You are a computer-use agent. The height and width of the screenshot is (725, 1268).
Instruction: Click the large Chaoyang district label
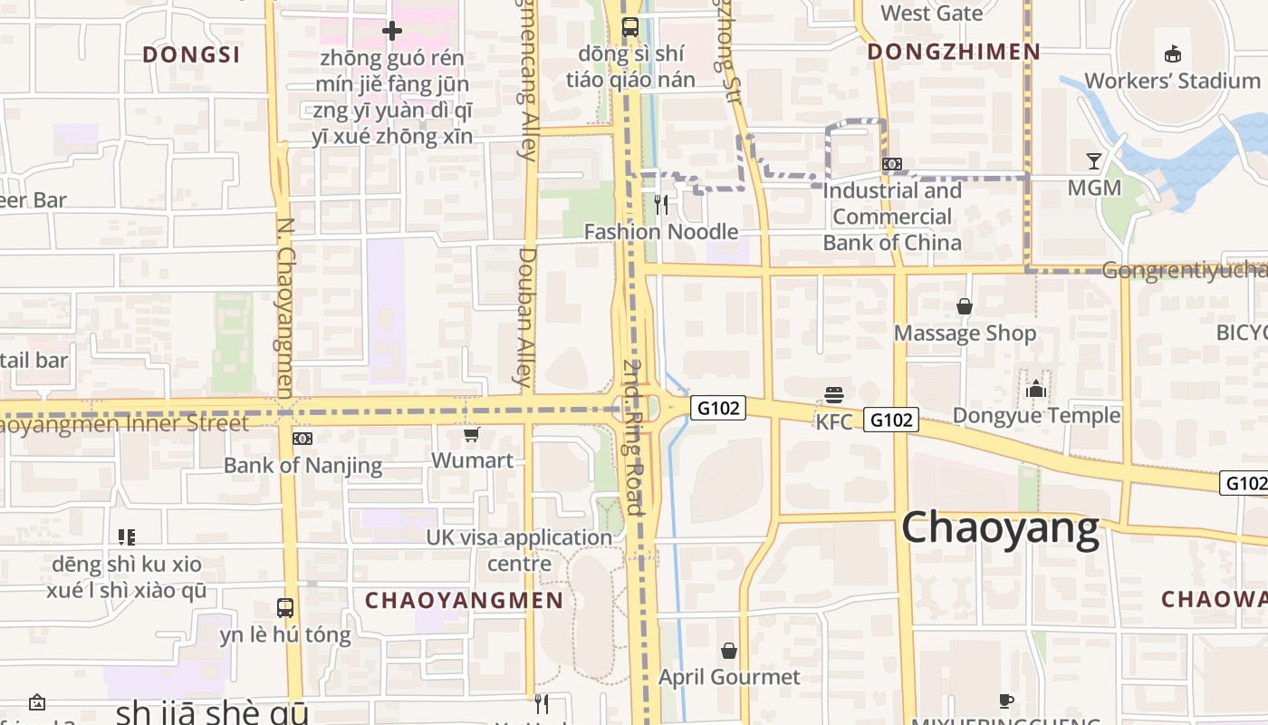1000,527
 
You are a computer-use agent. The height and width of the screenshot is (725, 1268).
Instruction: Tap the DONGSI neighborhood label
191,54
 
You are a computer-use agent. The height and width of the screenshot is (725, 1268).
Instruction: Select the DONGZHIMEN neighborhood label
954,52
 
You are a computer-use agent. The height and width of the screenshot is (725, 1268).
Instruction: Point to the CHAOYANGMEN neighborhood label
464,600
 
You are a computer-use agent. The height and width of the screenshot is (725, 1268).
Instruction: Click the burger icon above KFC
834,395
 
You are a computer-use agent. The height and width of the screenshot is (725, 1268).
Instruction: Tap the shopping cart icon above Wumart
471,436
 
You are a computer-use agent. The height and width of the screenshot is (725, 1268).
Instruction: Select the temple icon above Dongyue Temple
1036,390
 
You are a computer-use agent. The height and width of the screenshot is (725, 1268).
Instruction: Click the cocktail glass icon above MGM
1094,161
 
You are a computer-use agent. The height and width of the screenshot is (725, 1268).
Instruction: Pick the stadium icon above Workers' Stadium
1173,53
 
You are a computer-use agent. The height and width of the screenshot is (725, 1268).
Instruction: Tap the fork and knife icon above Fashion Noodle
661,205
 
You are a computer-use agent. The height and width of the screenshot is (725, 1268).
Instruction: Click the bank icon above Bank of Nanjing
303,439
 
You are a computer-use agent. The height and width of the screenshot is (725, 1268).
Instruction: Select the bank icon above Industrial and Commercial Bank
891,164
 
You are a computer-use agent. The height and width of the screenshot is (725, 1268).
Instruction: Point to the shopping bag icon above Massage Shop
965,306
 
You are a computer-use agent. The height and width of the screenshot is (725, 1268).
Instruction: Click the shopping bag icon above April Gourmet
729,651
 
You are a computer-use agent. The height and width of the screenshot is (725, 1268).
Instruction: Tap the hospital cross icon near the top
391,32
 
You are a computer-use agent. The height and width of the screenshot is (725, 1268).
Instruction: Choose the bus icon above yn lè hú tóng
285,607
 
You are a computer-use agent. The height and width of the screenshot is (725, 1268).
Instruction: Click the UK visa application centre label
519,550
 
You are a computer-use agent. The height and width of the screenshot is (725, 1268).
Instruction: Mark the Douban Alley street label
528,317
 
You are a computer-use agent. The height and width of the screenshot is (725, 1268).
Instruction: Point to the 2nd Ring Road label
633,437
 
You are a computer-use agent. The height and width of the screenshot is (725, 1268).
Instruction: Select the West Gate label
931,13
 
